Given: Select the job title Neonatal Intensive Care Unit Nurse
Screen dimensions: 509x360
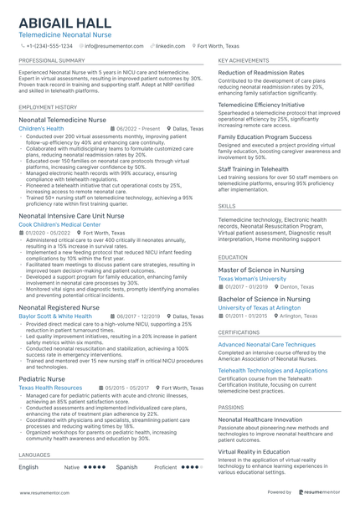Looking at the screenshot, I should point(71,216).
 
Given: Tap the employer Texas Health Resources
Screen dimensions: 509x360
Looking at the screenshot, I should point(50,388).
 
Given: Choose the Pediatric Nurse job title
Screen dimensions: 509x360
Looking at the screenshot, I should point(42,378).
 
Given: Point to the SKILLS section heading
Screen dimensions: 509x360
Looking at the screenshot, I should point(227,204).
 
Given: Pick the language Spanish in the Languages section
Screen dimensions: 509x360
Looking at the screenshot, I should point(126,467).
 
